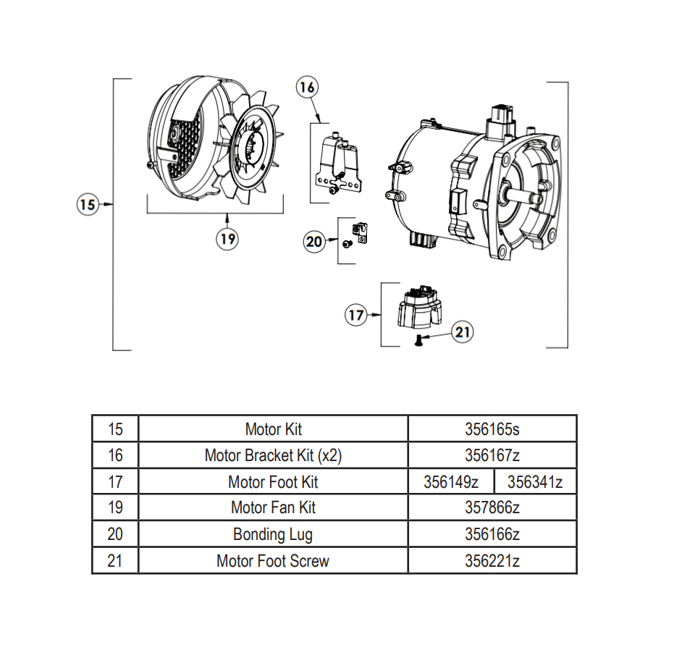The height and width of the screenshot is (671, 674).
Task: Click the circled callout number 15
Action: coord(87,205)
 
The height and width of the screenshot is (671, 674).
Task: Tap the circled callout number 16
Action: coord(307,87)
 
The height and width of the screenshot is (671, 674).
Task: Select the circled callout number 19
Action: coord(228,239)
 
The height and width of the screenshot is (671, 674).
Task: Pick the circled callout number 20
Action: coord(314,241)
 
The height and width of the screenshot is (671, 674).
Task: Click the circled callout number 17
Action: coord(355,315)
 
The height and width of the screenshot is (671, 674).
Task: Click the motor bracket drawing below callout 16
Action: coord(338,165)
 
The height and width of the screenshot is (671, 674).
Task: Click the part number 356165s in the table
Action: coord(492,429)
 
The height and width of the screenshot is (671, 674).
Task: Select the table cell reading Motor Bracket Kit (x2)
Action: coord(273,455)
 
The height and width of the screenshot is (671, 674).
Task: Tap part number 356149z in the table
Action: coord(450,481)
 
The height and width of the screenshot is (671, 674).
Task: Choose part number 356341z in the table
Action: coord(535,481)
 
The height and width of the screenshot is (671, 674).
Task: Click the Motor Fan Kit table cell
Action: coord(273,507)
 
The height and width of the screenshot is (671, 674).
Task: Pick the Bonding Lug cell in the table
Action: coord(273,534)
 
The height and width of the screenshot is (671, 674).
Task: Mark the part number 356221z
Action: coord(492,560)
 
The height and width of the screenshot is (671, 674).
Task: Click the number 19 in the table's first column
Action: coord(115,507)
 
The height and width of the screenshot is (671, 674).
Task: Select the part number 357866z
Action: coord(492,507)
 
